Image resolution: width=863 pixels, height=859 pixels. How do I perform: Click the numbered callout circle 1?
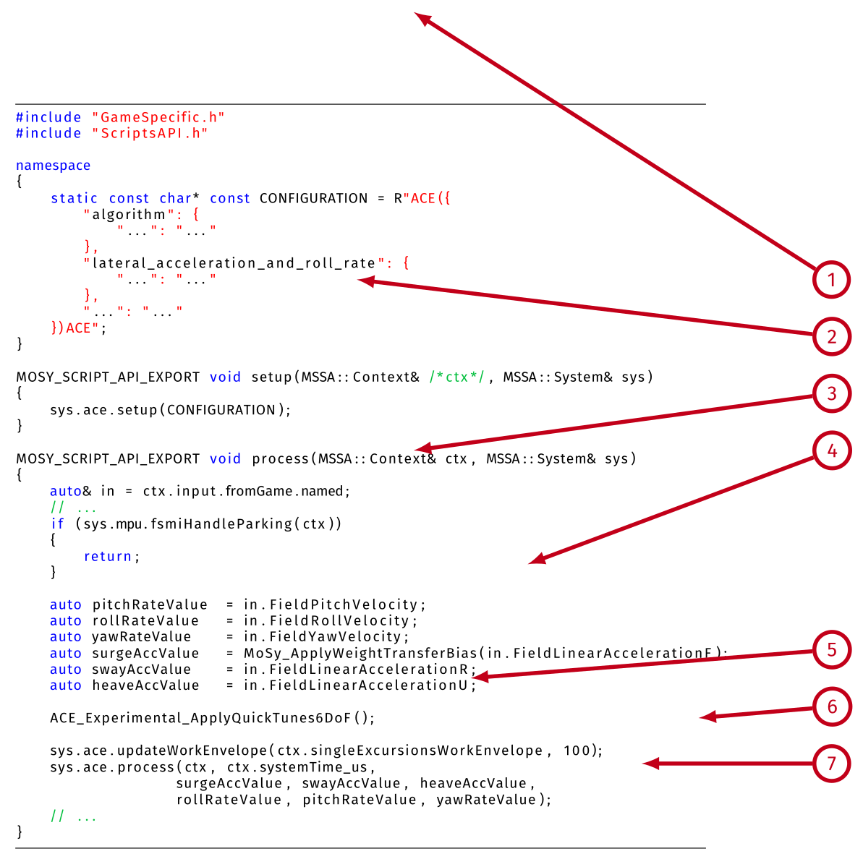[831, 280]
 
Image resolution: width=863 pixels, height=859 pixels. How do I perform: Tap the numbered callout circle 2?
[831, 336]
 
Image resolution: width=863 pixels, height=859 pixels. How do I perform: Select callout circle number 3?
[831, 393]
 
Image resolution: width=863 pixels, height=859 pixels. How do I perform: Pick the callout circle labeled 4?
[831, 450]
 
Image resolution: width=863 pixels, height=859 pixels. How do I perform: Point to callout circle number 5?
[831, 649]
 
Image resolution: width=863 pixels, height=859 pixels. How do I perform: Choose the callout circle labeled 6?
[831, 706]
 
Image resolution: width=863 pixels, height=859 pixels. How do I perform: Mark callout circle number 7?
[831, 763]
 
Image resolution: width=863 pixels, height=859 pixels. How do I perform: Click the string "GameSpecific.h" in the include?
[158, 117]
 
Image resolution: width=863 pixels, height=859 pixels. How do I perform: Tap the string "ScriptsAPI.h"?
[150, 133]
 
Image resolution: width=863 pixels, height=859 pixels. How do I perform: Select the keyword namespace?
[54, 166]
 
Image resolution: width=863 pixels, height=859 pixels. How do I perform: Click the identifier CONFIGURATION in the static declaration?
[313, 198]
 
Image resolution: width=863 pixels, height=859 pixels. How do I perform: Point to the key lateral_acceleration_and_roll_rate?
[234, 263]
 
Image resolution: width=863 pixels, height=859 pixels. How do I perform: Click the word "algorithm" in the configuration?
[129, 215]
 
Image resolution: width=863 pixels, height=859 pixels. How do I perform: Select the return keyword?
[108, 556]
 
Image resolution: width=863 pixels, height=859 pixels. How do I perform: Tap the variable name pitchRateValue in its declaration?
[150, 604]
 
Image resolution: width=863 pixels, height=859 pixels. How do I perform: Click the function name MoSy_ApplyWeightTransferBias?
[360, 653]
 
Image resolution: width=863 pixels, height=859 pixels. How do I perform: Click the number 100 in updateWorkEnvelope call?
[577, 751]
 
